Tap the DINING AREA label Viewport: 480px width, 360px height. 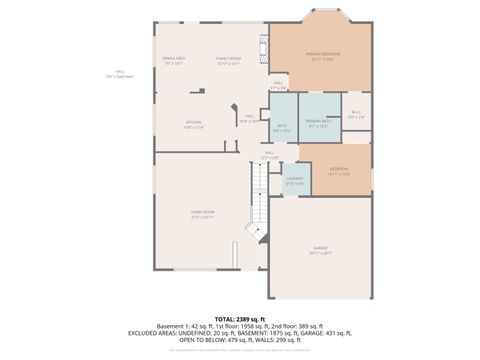[x=174, y=61]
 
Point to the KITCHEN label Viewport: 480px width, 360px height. [x=193, y=125]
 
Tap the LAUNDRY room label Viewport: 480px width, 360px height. [x=295, y=181]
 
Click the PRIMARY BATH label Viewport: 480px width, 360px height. [x=319, y=122]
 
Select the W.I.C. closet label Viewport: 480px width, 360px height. [x=356, y=114]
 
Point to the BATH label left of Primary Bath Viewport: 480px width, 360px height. [x=282, y=128]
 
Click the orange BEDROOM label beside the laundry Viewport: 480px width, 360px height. [x=339, y=171]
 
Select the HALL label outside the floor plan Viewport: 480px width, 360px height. [x=120, y=73]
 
